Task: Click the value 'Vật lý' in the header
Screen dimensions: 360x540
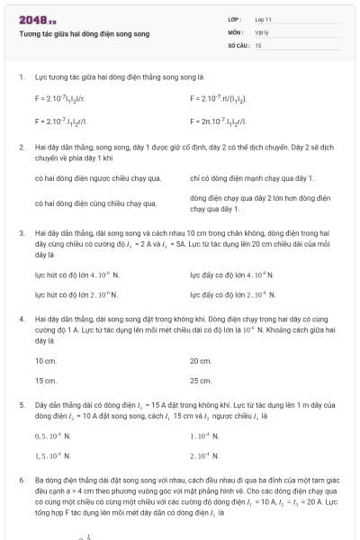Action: coord(262,31)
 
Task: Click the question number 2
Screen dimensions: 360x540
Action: coord(21,145)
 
